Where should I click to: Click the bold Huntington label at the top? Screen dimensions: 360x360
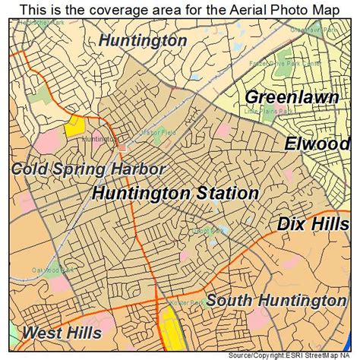click(142, 40)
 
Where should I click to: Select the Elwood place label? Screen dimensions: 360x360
click(317, 144)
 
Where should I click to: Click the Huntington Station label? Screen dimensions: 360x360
click(175, 194)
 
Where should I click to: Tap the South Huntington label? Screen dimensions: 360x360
click(276, 301)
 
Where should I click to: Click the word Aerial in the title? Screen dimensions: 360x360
click(242, 10)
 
